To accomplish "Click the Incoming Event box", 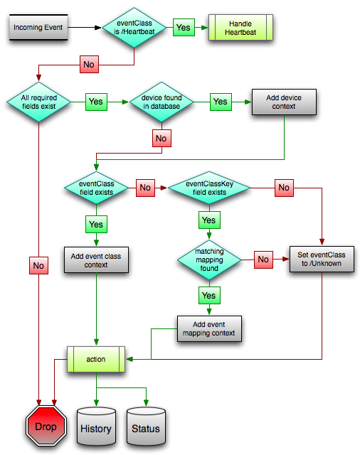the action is [38, 27].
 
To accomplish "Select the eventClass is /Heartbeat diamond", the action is [134, 28].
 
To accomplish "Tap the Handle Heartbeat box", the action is [240, 28].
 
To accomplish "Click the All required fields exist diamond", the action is [38, 102].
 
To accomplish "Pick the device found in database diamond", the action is [162, 102].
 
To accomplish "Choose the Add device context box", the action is [284, 102].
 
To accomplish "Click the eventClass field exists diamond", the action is [96, 188].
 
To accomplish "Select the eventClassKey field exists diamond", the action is [209, 188].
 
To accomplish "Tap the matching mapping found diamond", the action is [209, 259].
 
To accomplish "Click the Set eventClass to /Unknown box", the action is [322, 259].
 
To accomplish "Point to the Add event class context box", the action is [96, 260].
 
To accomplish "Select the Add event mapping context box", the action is [209, 328].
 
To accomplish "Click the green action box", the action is [96, 359].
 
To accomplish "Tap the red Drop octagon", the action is [46, 426].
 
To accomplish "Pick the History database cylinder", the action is [96, 427].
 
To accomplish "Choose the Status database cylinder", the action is [146, 427].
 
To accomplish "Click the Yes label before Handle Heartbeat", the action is [184, 28].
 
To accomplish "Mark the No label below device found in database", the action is [162, 138].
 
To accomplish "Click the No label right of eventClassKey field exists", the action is [284, 188].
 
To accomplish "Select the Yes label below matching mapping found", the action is [209, 296].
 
